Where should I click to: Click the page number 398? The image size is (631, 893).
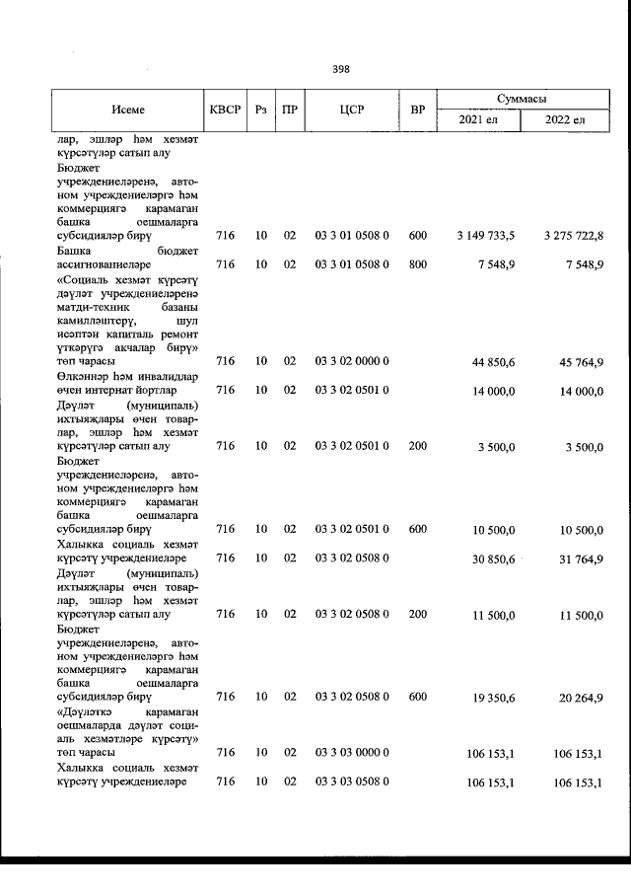341,69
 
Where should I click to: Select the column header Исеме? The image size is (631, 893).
128,110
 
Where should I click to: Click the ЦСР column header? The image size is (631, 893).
352,110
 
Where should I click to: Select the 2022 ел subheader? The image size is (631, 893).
566,120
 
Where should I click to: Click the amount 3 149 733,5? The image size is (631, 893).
487,237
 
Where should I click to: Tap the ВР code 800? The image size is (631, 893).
417,264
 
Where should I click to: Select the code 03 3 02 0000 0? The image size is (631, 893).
352,362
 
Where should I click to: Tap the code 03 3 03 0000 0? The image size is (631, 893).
352,753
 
